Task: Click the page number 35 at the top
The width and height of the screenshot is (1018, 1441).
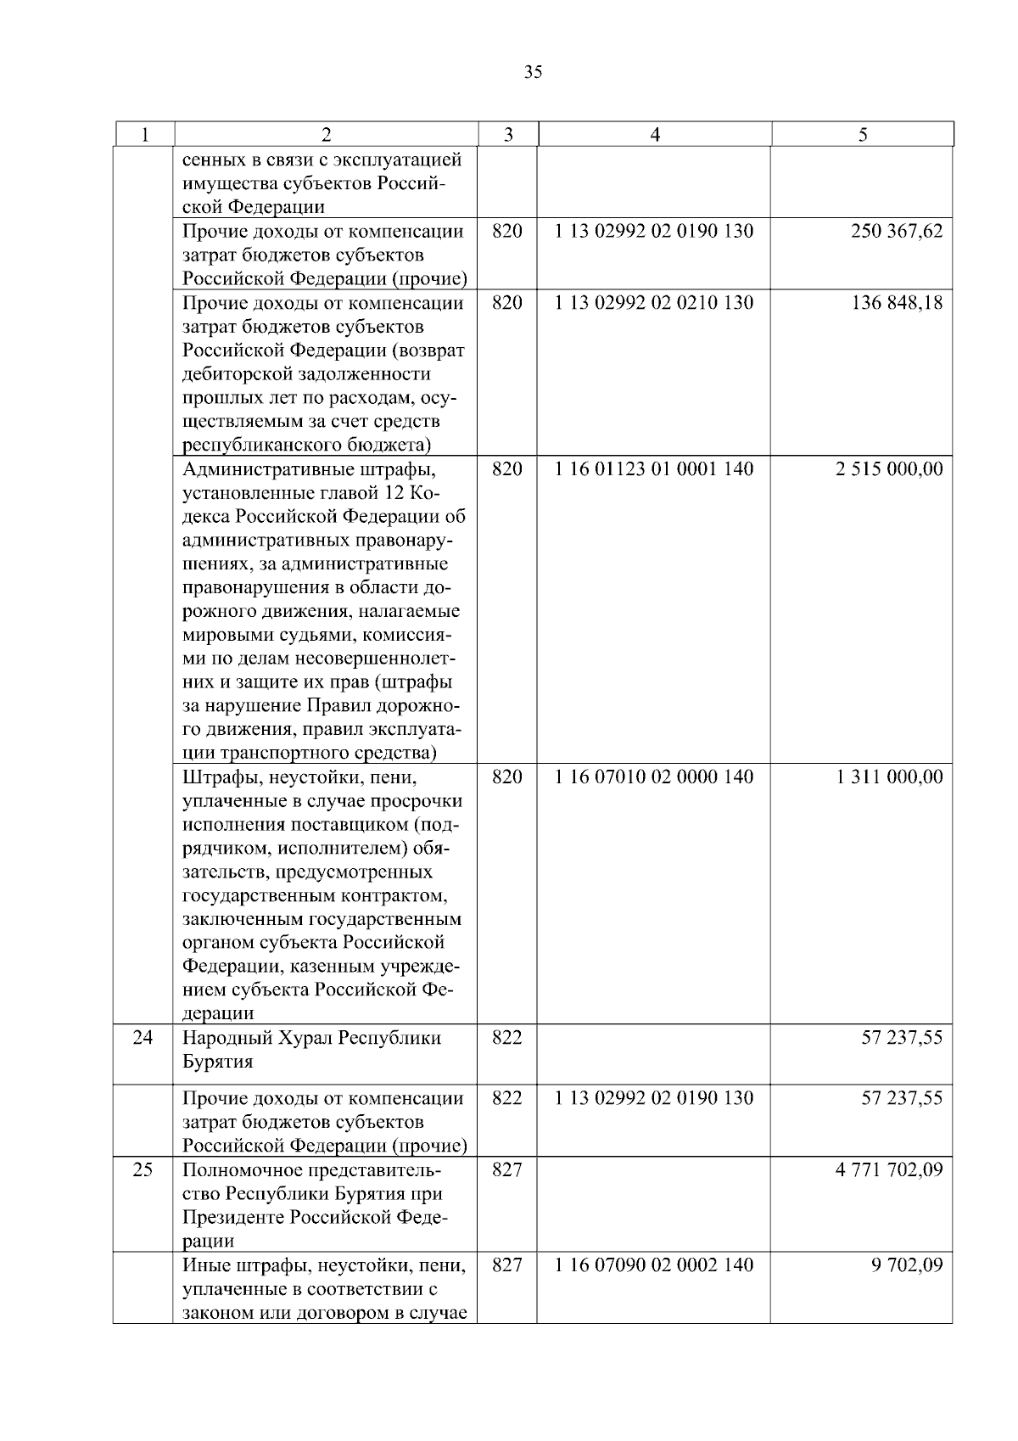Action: [534, 72]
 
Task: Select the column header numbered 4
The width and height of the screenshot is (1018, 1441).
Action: [655, 134]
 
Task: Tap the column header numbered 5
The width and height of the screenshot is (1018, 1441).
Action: [863, 134]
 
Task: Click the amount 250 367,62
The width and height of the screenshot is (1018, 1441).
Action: [897, 231]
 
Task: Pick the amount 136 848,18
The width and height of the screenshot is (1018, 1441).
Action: [897, 303]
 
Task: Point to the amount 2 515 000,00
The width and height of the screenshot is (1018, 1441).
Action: [889, 469]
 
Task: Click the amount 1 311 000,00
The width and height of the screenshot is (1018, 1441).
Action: [889, 777]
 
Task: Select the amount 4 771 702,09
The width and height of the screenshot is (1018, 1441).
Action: [889, 1170]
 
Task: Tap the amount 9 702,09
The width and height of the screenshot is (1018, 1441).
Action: [907, 1265]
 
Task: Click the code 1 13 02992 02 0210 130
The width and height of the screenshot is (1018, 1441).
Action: [654, 303]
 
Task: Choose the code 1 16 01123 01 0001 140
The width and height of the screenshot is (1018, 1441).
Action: [654, 469]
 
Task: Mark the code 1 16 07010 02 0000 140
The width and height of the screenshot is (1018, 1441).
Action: [654, 777]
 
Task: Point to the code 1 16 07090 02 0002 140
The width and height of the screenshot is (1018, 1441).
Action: [654, 1265]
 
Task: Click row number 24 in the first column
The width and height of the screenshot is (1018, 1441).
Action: [143, 1038]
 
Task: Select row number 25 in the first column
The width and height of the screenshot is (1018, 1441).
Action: [143, 1170]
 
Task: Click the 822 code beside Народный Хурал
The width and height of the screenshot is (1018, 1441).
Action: [507, 1038]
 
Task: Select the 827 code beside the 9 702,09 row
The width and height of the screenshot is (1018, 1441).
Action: [507, 1265]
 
